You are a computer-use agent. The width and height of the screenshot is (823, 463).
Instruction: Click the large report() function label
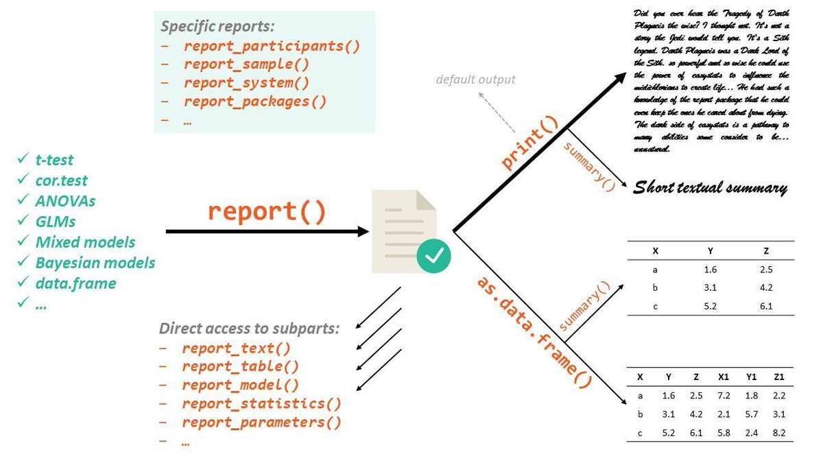point(267,211)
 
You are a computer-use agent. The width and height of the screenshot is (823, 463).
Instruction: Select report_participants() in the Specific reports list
point(272,46)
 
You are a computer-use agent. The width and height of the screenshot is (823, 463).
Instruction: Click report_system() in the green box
point(246,83)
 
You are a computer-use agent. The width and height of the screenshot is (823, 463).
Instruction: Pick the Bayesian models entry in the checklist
point(95,263)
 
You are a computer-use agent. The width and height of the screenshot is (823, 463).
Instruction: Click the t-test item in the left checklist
point(54,161)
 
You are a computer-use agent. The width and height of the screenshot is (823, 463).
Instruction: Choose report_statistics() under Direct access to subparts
point(261,404)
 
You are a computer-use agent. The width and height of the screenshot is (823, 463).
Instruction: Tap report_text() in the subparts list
point(236,348)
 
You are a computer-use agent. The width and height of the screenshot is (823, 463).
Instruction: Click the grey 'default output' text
point(475,80)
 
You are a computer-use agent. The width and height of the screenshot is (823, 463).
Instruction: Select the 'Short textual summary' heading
point(710,187)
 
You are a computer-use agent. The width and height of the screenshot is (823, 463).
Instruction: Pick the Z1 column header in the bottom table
point(779,377)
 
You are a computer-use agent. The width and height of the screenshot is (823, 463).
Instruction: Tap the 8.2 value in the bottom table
point(778,434)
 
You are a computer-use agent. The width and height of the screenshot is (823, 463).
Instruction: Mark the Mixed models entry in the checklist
point(85,242)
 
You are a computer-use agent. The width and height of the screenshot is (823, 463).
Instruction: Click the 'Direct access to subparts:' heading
point(249,328)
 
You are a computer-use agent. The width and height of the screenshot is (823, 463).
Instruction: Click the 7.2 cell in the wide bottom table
point(723,396)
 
